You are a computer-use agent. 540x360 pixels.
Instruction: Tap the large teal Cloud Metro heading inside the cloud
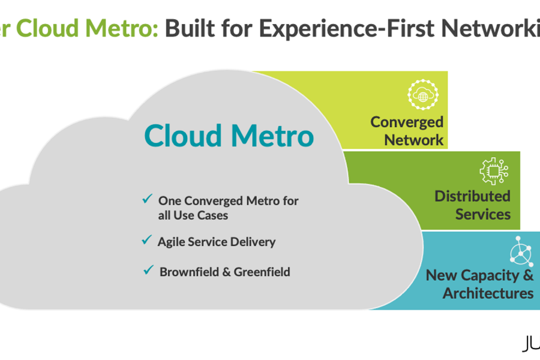point(229,136)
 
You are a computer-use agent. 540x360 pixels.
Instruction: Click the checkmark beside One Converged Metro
point(146,199)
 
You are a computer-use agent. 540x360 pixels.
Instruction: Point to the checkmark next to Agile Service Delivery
point(146,240)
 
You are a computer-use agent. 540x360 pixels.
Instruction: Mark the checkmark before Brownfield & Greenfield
point(148,270)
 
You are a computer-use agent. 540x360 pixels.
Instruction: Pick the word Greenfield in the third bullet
point(262,272)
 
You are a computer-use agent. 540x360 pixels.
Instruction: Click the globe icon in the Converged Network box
point(423,96)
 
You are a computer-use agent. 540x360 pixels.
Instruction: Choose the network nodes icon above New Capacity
point(521,251)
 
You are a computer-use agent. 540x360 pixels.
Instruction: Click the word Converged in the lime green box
point(407,122)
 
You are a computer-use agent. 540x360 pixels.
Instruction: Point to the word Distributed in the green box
point(472,196)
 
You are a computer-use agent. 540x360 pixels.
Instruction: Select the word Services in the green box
point(482,214)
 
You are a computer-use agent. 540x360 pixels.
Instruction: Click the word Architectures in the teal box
point(488,293)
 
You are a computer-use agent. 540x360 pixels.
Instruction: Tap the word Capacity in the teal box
point(489,275)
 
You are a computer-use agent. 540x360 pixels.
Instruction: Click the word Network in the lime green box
point(413,140)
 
